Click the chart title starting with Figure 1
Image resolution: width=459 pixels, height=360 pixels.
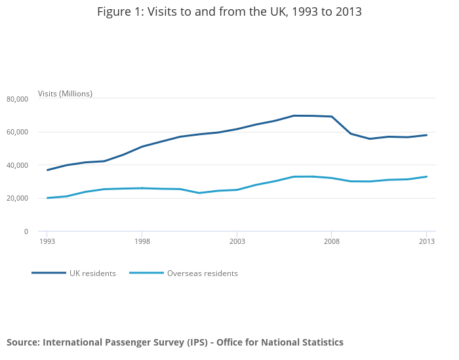[229, 12]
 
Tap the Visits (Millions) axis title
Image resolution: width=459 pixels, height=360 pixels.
[65, 94]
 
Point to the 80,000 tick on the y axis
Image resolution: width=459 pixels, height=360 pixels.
[18, 99]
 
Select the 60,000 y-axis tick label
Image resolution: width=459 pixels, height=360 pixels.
[18, 132]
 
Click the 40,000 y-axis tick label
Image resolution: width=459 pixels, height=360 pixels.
[18, 165]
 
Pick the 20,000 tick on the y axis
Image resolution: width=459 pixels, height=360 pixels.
[18, 198]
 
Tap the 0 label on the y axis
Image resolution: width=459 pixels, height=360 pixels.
[26, 231]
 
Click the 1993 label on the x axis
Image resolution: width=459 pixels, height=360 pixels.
[47, 241]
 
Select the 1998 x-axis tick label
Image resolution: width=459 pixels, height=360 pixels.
[142, 241]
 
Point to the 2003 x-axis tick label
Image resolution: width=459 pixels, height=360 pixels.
[237, 241]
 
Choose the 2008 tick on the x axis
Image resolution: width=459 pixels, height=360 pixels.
[332, 241]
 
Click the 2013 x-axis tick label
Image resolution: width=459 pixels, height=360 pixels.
[426, 241]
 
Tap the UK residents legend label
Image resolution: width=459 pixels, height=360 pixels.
[92, 273]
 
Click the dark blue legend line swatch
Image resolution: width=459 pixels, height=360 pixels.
[49, 273]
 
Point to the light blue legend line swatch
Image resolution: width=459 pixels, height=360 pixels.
[146, 273]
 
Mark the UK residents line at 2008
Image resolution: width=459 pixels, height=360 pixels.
[332, 117]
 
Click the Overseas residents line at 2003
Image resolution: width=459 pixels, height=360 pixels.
[237, 190]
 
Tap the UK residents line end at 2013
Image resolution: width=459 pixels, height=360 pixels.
[426, 135]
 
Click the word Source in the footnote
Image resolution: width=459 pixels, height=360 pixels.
[22, 342]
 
